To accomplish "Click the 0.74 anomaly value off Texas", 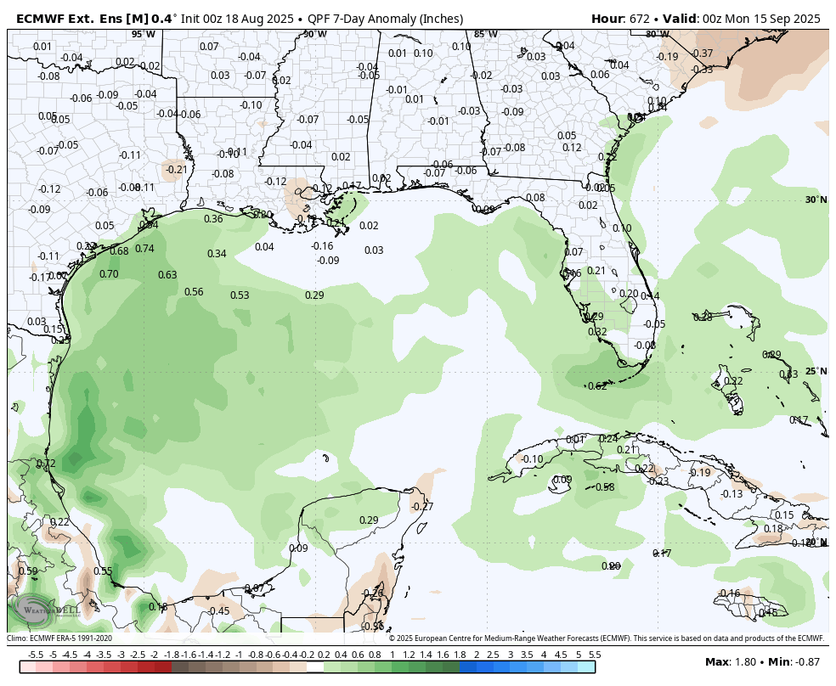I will click(x=144, y=249).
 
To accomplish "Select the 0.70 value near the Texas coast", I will click(x=109, y=274).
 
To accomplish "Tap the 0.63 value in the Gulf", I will click(x=167, y=275).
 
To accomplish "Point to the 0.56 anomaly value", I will click(x=194, y=292).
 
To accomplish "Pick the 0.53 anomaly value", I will click(x=240, y=295).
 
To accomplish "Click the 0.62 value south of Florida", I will click(x=597, y=386).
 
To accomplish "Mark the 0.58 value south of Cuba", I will click(x=605, y=487).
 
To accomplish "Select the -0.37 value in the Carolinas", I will click(x=703, y=53).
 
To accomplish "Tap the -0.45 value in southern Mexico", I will click(x=219, y=611).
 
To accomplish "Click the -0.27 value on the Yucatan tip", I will click(x=422, y=507).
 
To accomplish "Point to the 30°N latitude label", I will click(x=816, y=200).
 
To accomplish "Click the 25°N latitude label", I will click(x=816, y=371).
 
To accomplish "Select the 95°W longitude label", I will click(x=144, y=34).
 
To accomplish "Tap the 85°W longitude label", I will click(x=485, y=34).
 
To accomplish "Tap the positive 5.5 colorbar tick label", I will click(x=595, y=655).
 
